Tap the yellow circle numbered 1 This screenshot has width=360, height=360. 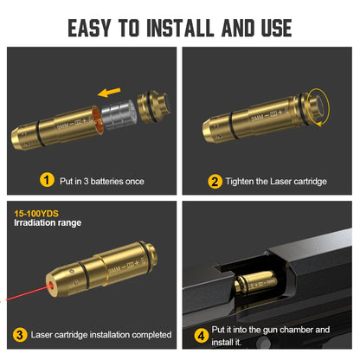point(47,180)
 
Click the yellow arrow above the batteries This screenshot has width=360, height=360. point(108,89)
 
